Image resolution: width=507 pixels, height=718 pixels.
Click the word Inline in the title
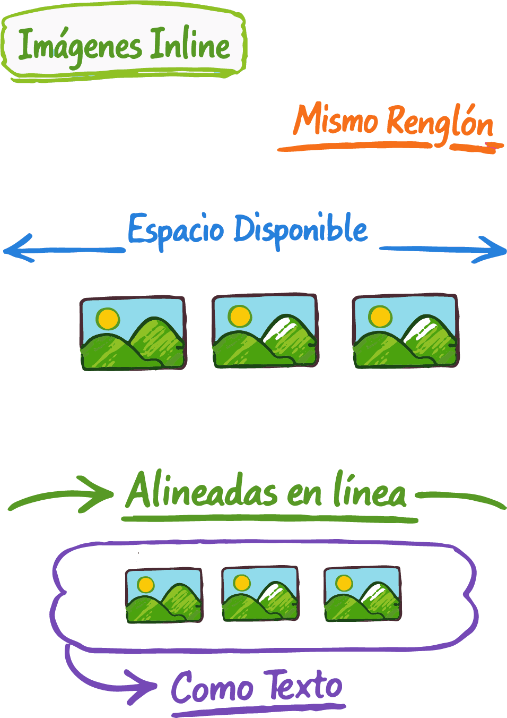click(190, 45)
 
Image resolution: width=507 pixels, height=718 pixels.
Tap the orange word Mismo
click(336, 120)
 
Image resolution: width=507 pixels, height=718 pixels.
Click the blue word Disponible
click(301, 229)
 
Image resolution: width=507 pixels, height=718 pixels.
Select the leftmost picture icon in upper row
click(133, 333)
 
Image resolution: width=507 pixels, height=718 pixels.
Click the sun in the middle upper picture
click(240, 316)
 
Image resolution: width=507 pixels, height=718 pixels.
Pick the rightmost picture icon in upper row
click(405, 331)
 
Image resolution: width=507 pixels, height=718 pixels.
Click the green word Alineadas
click(202, 492)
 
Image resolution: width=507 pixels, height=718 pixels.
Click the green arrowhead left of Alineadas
click(98, 494)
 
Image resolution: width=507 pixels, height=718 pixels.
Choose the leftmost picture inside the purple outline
click(164, 595)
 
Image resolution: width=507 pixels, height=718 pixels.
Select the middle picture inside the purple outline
click(260, 593)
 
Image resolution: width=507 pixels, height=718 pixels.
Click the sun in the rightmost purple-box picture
click(344, 583)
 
